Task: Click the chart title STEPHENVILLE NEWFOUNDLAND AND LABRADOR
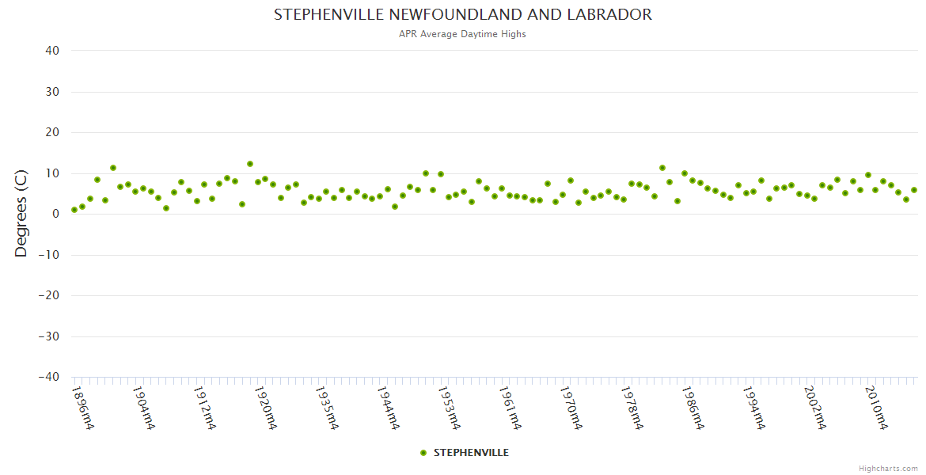[463, 15]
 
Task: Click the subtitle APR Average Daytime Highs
[463, 34]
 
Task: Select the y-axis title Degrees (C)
[21, 215]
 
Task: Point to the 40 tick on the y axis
[52, 51]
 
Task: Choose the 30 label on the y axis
[52, 92]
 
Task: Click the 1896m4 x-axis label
[82, 408]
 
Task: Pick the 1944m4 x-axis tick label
[388, 408]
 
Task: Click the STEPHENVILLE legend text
[471, 453]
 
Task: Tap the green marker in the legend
[423, 453]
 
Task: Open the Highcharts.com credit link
[888, 468]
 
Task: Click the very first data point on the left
[74, 210]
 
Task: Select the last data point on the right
[914, 190]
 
